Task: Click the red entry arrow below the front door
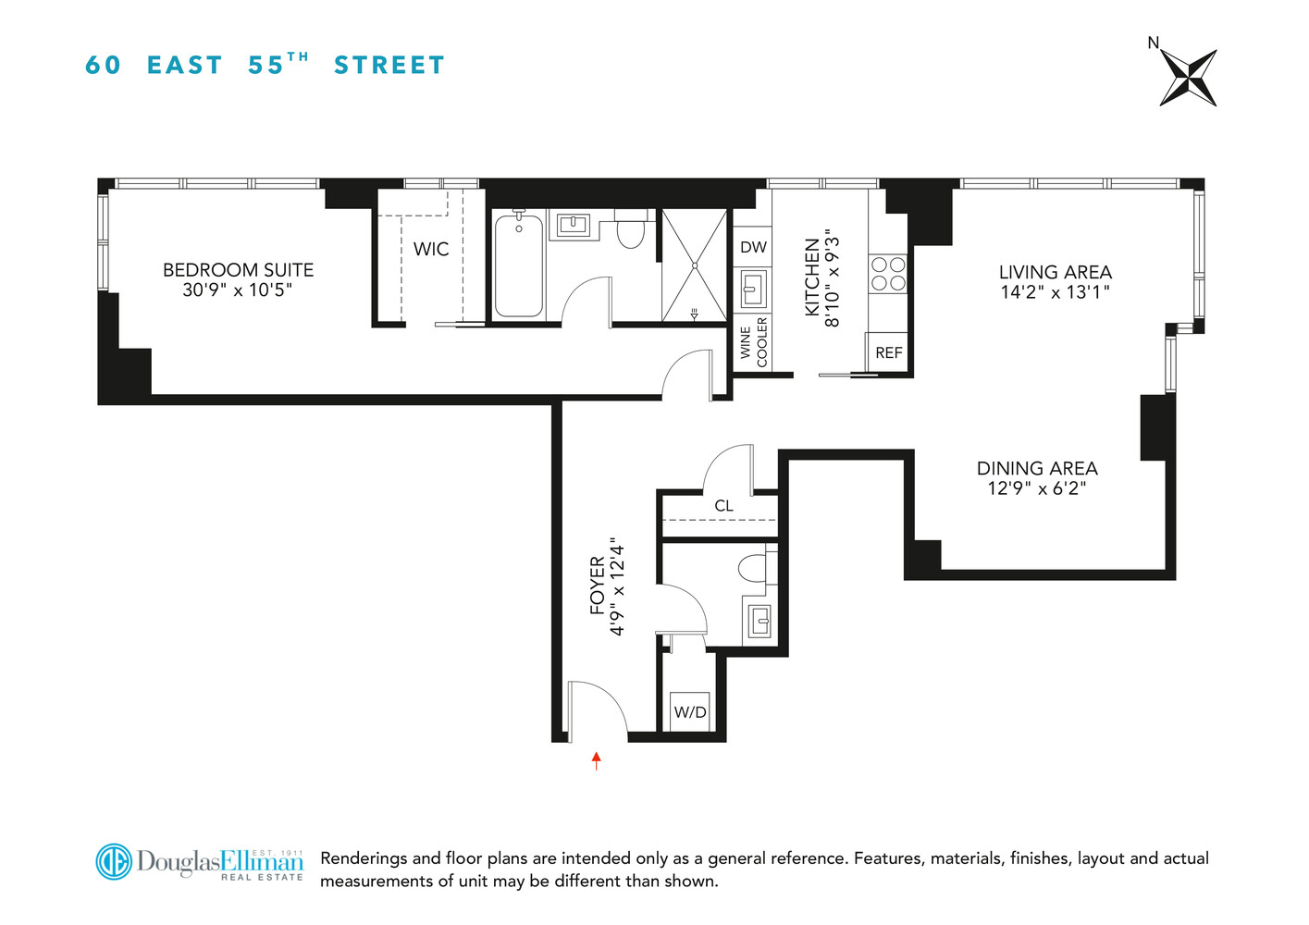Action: [597, 760]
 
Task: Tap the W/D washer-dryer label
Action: [690, 712]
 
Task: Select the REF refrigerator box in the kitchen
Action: [888, 352]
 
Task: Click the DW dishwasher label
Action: [753, 247]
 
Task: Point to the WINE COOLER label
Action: [754, 342]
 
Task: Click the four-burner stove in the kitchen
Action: [888, 274]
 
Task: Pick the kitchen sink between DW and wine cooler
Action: [752, 290]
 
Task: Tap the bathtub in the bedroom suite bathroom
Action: [518, 265]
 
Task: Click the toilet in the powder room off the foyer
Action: [753, 566]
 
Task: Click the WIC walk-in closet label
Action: [431, 249]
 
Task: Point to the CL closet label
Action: [723, 506]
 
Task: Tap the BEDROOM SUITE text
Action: [238, 270]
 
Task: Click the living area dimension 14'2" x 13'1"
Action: [1055, 292]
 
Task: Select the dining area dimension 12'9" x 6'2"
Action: [1036, 488]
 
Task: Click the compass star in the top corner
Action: [1188, 78]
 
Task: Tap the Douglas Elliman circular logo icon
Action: [115, 862]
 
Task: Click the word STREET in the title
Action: [389, 66]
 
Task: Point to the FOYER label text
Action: [598, 586]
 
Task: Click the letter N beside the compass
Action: [1153, 43]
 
